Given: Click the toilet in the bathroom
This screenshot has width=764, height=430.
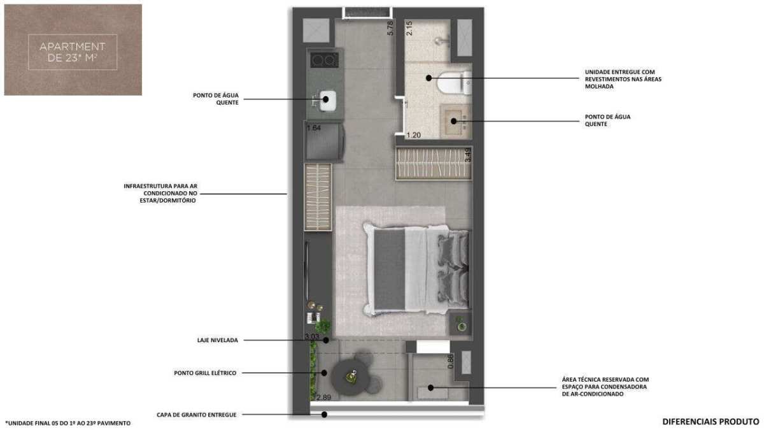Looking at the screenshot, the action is [455, 83].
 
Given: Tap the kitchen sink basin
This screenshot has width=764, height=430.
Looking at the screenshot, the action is [327, 101].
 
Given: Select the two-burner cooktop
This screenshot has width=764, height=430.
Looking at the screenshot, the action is [324, 61].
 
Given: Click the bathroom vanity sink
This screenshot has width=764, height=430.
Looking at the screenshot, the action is [455, 121].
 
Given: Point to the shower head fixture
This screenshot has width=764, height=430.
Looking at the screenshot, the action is [442, 41].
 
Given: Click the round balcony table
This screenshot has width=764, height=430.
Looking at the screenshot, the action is [350, 377].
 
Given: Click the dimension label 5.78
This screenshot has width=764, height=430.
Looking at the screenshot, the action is [390, 28].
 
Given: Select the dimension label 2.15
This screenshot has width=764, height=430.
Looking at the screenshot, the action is [409, 28].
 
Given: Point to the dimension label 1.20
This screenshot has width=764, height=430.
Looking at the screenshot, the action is [414, 135].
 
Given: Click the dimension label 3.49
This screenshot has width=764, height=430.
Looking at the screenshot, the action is [469, 155].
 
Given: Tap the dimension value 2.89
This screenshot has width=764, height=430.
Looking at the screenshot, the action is [323, 398].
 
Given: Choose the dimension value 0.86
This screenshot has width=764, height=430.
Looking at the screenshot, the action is [451, 361].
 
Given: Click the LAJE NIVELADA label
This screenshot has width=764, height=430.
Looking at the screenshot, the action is [218, 340].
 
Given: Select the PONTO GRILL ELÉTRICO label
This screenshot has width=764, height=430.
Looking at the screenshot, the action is [205, 373].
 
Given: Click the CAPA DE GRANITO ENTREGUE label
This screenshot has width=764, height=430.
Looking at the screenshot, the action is [197, 415].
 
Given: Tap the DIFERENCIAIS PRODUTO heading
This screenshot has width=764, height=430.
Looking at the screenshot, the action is [711, 422].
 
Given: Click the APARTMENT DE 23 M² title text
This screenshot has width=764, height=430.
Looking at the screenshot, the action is [73, 52].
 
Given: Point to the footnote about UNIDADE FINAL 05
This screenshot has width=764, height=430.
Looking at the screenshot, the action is [68, 423].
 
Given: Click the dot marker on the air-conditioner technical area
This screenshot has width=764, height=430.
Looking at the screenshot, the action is [430, 388].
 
